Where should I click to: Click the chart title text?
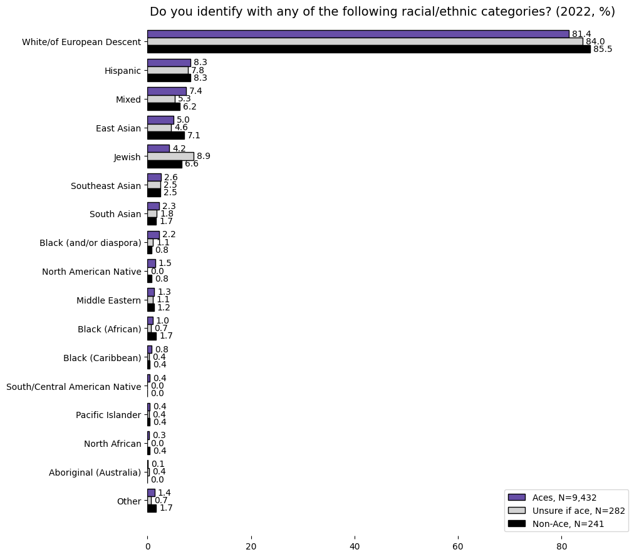(x=382, y=12)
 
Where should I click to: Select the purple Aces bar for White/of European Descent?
(x=358, y=34)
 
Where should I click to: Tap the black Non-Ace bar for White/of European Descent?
(x=368, y=49)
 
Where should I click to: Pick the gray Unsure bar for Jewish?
(x=170, y=156)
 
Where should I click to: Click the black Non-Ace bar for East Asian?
(x=165, y=135)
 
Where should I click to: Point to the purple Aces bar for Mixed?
(x=167, y=91)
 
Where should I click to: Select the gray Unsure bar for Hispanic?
(x=167, y=70)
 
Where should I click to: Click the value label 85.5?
(x=603, y=49)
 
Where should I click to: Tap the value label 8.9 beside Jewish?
(x=204, y=156)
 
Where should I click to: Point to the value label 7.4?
(x=195, y=91)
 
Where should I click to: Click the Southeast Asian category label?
(x=106, y=186)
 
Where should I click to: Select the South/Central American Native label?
(x=73, y=387)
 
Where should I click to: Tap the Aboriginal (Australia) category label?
(x=95, y=473)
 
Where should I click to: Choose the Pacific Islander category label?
(x=108, y=415)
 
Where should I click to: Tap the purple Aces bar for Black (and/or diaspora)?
(x=153, y=235)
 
